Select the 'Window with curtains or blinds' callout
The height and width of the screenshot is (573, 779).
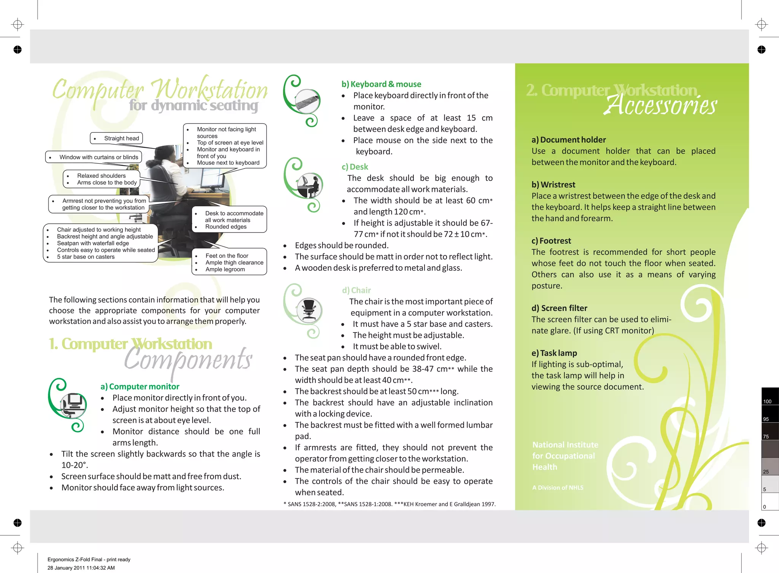click(x=94, y=157)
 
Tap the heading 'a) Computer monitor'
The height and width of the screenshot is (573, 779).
click(x=140, y=387)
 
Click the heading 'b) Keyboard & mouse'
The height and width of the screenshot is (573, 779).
click(x=381, y=84)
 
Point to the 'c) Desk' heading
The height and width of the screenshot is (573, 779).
click(x=355, y=167)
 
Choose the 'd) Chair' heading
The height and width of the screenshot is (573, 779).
click(x=356, y=290)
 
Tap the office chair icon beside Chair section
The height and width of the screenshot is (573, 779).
click(x=309, y=310)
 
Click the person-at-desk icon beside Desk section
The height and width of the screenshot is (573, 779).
click(x=310, y=185)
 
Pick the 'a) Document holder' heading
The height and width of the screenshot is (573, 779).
click(x=568, y=140)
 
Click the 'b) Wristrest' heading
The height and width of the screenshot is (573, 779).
click(x=553, y=185)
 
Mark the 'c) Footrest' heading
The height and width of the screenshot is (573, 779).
click(x=551, y=241)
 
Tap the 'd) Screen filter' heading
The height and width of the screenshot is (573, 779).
click(x=559, y=308)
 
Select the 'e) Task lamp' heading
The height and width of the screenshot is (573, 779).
click(x=554, y=353)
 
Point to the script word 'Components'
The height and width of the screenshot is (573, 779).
click(x=188, y=360)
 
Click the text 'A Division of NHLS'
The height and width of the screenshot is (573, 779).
click(x=558, y=487)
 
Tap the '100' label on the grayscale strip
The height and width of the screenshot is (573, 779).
click(x=767, y=401)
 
